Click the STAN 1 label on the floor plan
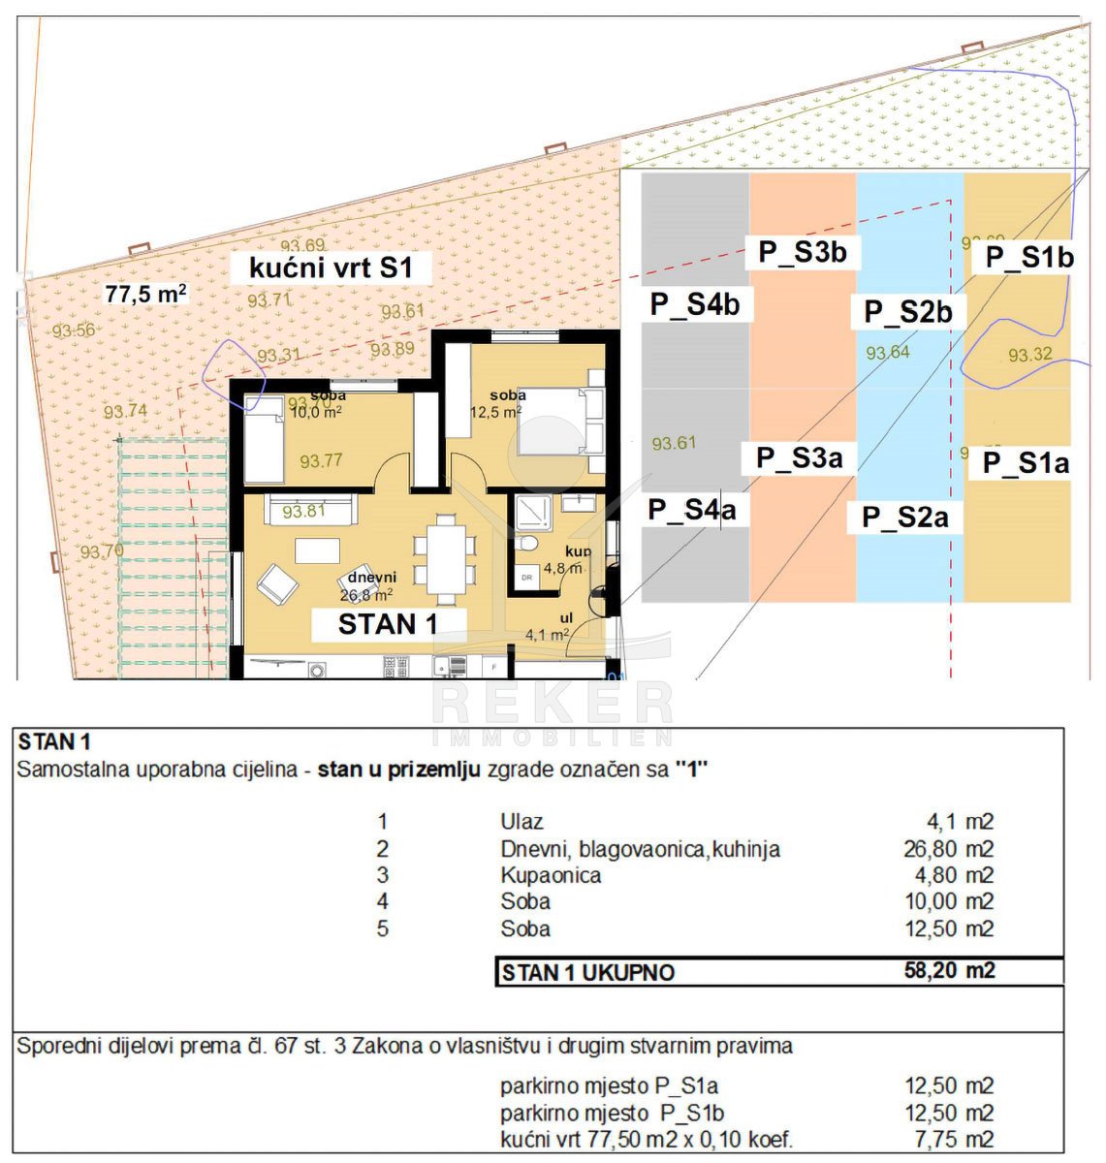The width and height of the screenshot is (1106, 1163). click(388, 624)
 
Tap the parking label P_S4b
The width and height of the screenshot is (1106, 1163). click(694, 304)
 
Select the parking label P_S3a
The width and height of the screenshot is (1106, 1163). click(800, 457)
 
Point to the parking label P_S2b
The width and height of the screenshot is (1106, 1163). click(908, 312)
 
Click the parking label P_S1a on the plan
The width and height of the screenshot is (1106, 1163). click(1026, 463)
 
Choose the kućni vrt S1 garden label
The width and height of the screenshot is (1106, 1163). click(331, 267)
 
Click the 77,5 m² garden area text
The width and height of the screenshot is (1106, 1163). click(145, 294)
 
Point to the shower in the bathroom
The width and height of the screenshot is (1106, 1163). click(532, 513)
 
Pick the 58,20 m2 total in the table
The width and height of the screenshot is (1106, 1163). click(949, 970)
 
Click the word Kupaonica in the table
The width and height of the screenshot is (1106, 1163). click(551, 875)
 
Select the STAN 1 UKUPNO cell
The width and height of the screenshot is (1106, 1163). click(587, 972)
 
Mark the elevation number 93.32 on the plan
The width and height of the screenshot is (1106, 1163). click(1029, 355)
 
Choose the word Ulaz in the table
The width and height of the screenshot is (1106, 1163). click(521, 822)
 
